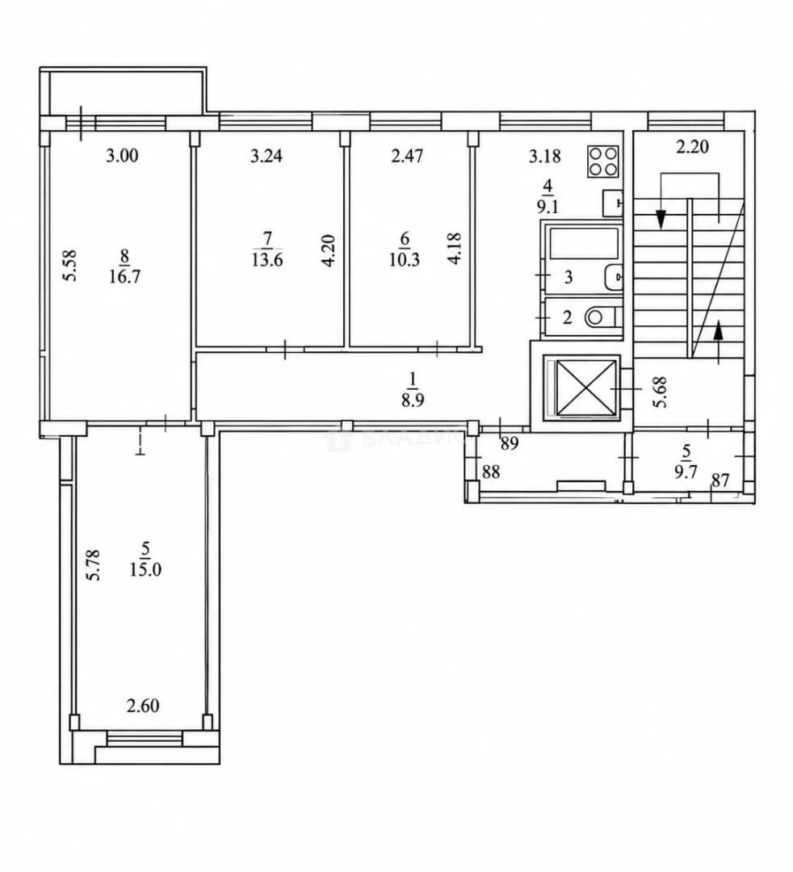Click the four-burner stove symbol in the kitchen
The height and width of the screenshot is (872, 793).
(x=603, y=161)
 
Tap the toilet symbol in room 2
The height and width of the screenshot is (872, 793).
(x=602, y=317)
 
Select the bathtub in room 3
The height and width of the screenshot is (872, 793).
(x=584, y=244)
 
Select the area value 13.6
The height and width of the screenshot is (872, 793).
(x=267, y=259)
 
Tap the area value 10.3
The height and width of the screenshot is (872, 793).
(x=405, y=259)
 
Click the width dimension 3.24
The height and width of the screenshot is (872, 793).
(x=266, y=156)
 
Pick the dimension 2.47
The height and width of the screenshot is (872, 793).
(x=407, y=156)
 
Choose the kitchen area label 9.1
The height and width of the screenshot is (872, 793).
(x=548, y=208)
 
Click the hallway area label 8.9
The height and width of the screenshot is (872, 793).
(x=413, y=400)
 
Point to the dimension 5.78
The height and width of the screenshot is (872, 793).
(x=94, y=565)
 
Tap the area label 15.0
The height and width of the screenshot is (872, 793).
(x=145, y=570)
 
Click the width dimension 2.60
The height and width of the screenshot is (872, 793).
(x=143, y=706)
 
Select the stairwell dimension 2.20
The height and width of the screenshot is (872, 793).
(x=692, y=147)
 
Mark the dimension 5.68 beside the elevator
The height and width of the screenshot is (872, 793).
(x=661, y=392)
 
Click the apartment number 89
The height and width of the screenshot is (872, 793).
(x=510, y=443)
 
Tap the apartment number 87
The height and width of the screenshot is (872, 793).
(x=720, y=480)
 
